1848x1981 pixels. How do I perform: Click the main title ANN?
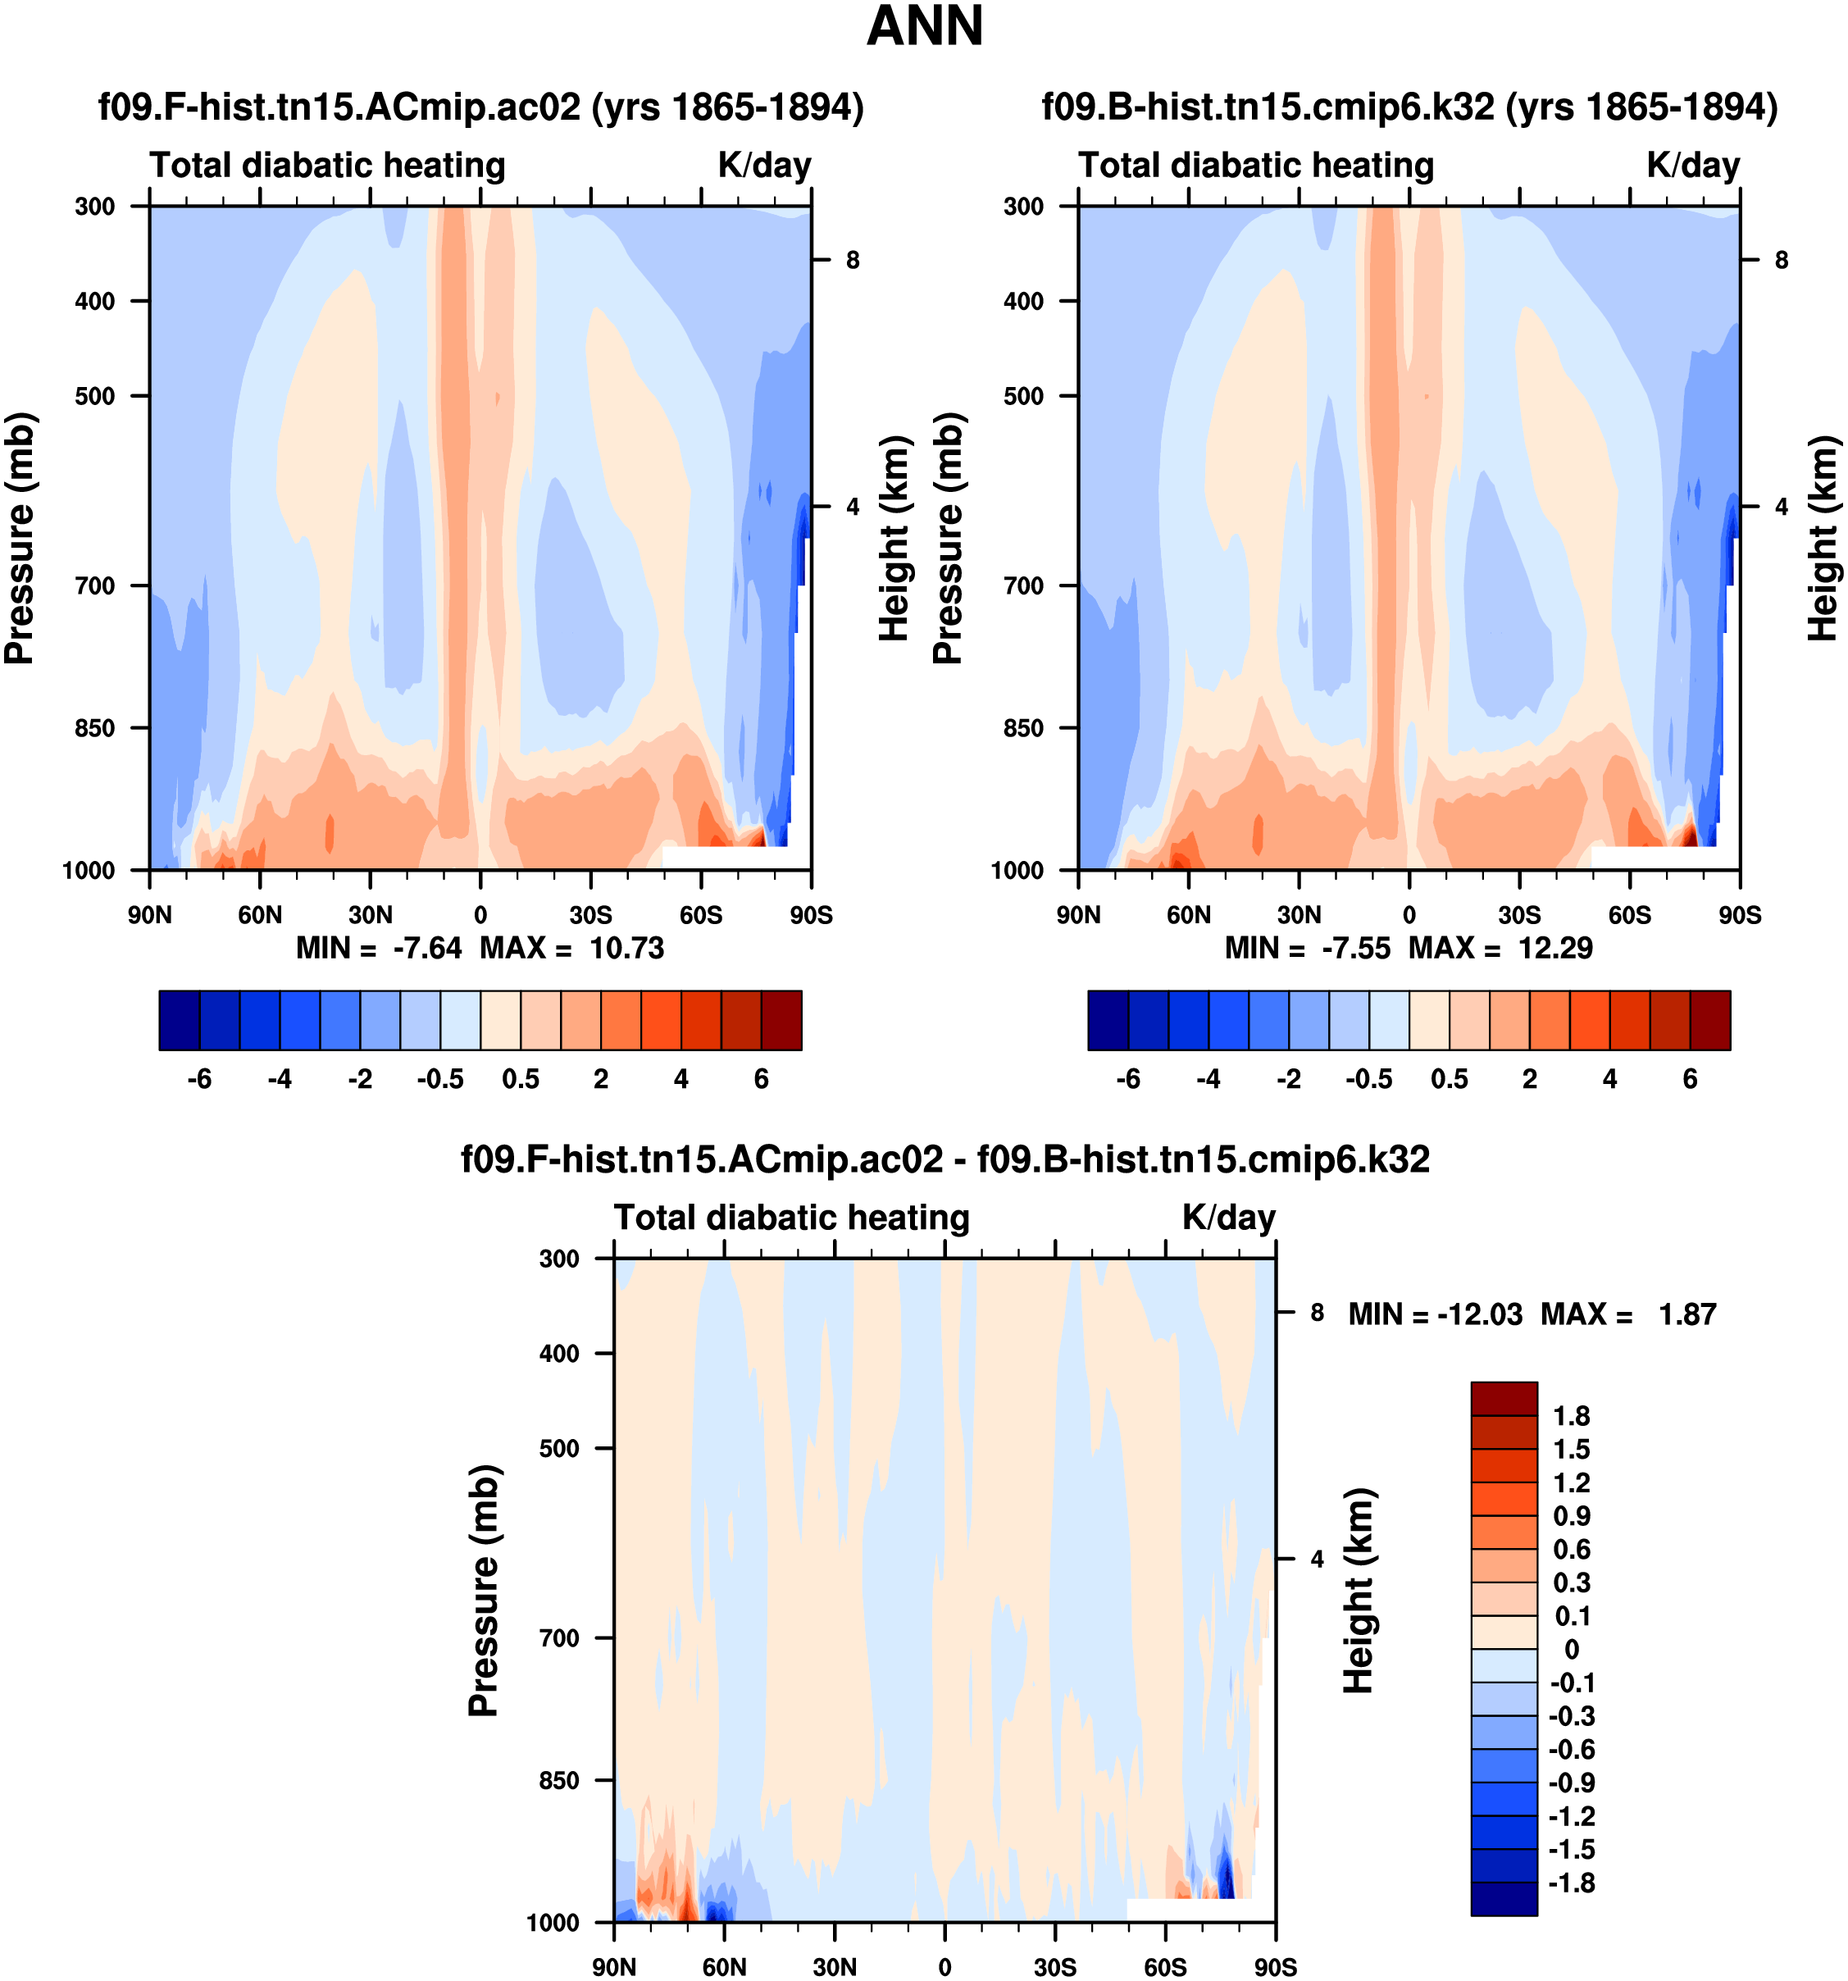925,26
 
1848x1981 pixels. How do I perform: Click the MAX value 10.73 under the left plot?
626,948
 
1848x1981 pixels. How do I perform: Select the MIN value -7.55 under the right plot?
1356,948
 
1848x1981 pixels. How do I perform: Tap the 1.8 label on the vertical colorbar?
1571,1416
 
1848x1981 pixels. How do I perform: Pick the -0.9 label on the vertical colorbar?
1571,1783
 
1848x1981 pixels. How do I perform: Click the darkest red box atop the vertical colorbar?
1504,1398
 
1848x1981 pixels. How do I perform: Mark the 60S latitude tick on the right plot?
1630,915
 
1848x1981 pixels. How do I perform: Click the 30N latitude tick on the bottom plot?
834,1967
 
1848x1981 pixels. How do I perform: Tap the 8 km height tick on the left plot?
853,260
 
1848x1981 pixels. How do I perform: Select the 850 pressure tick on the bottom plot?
559,1781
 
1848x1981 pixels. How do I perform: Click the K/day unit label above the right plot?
1692,166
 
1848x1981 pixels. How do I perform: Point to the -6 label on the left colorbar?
199,1079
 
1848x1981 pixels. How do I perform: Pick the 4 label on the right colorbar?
1610,1079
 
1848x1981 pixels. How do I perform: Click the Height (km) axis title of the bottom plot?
1358,1591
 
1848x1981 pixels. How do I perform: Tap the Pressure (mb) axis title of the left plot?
20,538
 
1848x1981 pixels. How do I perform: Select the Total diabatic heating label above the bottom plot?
791,1218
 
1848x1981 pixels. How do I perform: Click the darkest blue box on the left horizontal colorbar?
180,1020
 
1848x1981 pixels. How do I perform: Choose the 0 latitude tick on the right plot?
1409,915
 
